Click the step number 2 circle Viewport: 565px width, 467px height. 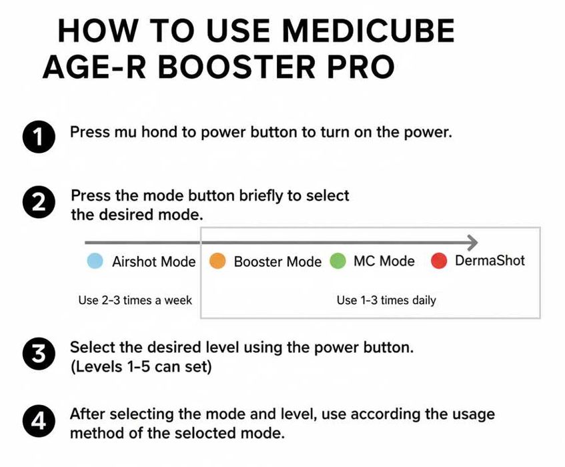pyautogui.click(x=38, y=203)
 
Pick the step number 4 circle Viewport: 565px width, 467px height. pyautogui.click(x=38, y=422)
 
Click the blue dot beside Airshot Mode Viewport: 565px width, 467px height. pyautogui.click(x=95, y=262)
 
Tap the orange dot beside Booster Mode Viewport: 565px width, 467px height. pyautogui.click(x=217, y=262)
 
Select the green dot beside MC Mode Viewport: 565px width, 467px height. pyautogui.click(x=338, y=262)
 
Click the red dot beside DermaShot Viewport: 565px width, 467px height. pyautogui.click(x=438, y=261)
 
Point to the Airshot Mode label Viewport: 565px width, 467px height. pyautogui.click(x=153, y=262)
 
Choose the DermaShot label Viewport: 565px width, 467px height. pyautogui.click(x=490, y=260)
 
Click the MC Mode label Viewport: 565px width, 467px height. pyautogui.click(x=384, y=261)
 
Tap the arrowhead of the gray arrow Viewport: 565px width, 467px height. pyautogui.click(x=472, y=242)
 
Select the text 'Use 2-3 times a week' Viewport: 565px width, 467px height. pyautogui.click(x=135, y=300)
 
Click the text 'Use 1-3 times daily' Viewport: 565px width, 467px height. pyautogui.click(x=386, y=300)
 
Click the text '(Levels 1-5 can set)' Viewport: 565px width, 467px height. pyautogui.click(x=141, y=366)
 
